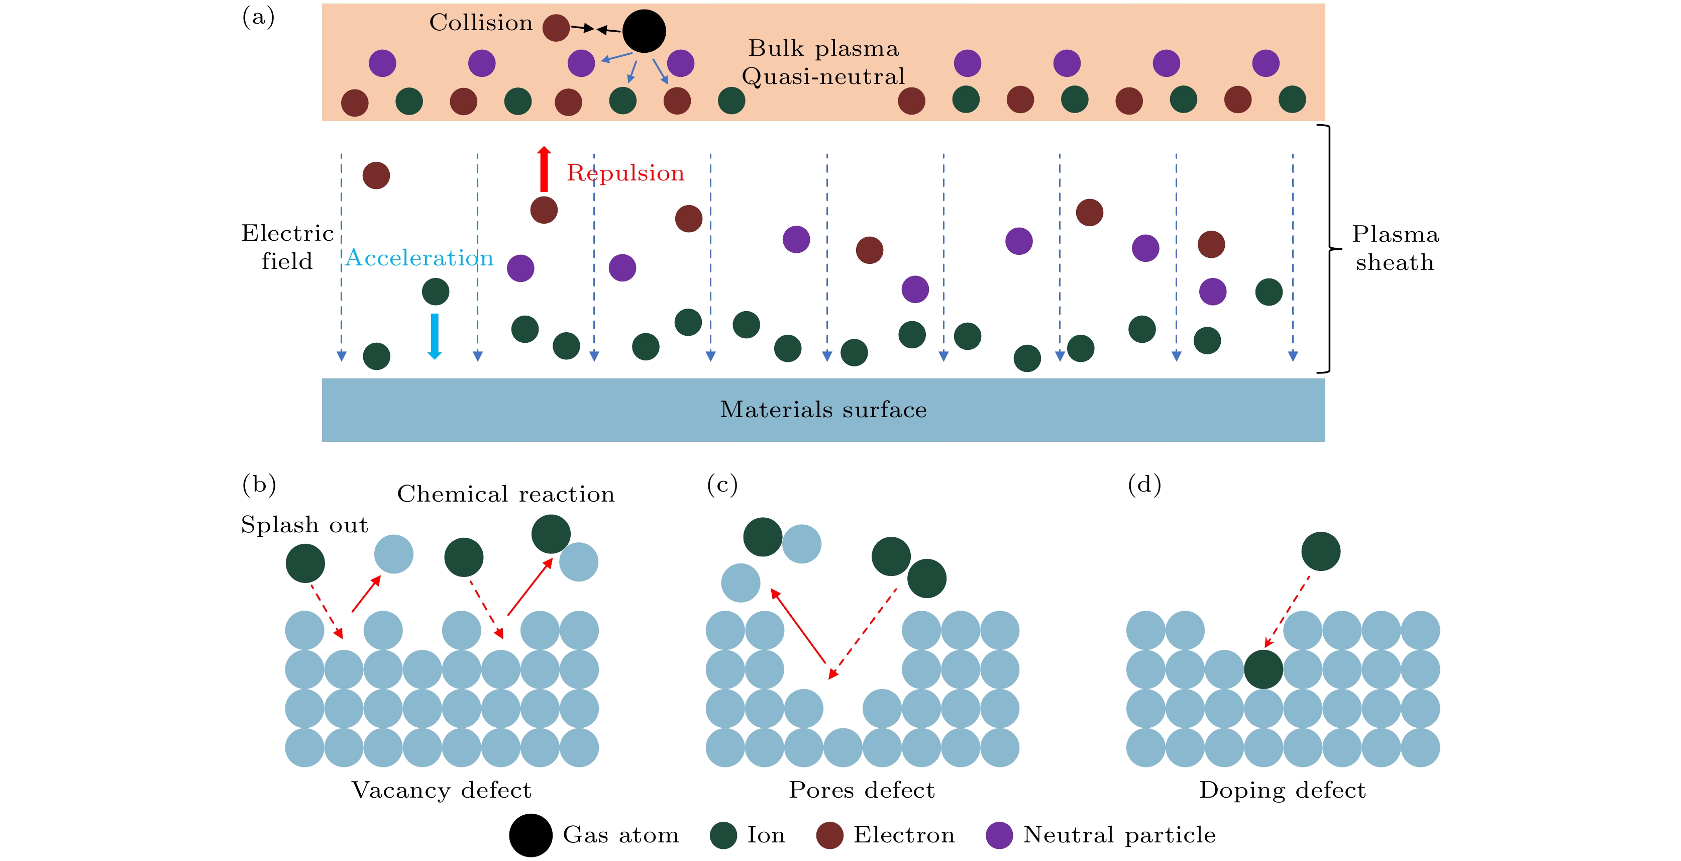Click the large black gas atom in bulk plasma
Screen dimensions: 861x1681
(x=644, y=31)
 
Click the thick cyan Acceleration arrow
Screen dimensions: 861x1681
(x=435, y=336)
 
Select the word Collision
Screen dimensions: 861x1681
(x=481, y=23)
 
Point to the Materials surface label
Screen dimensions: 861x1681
(x=823, y=409)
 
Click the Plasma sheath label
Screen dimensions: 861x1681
(x=1395, y=248)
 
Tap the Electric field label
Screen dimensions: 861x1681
(x=287, y=247)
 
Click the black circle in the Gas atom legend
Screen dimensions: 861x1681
(x=531, y=835)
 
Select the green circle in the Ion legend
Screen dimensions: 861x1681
(x=723, y=835)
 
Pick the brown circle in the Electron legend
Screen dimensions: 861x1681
(x=829, y=835)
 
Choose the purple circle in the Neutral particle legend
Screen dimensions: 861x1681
(x=999, y=835)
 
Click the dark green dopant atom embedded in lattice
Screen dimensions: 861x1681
(x=1264, y=669)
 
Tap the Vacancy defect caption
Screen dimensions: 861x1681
(x=441, y=790)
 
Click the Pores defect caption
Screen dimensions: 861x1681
(x=862, y=790)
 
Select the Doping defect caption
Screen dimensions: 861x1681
(x=1282, y=790)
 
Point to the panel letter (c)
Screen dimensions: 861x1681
(x=722, y=485)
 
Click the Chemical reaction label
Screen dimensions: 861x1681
(x=506, y=494)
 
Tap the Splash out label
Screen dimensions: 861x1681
(x=304, y=525)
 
